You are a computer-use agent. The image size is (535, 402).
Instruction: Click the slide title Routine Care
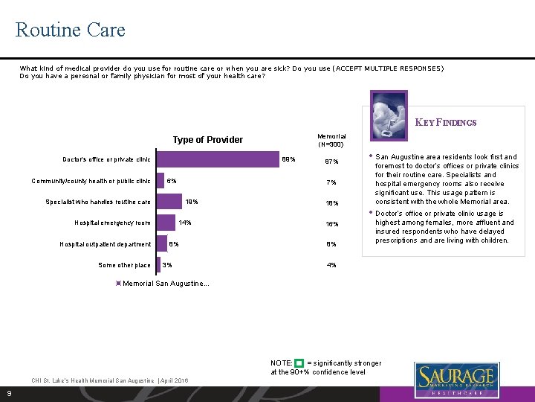tap(71, 30)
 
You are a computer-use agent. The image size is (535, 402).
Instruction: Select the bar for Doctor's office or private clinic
tap(216, 159)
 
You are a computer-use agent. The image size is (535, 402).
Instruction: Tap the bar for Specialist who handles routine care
tap(169, 202)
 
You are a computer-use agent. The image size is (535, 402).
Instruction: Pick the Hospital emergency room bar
tap(166, 223)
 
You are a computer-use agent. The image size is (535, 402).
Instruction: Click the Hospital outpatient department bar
tap(161, 243)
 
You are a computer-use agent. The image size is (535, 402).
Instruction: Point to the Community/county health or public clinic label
tap(91, 181)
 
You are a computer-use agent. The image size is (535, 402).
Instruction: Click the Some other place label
tap(124, 265)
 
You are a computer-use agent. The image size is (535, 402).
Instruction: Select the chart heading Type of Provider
tap(207, 140)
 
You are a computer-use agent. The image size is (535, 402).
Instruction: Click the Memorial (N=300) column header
tap(331, 140)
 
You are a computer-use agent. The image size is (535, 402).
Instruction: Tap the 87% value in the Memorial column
tap(331, 162)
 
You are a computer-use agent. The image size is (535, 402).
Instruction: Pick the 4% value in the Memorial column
tap(331, 265)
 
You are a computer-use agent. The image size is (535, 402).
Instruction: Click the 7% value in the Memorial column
tap(331, 182)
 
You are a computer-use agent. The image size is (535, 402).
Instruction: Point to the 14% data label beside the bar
tap(186, 223)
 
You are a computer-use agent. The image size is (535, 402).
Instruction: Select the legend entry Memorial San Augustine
tap(163, 284)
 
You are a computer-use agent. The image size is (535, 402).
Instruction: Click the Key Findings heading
tap(446, 123)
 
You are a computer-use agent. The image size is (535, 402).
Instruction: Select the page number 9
tap(8, 393)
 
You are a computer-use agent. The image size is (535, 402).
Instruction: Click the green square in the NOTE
tap(299, 363)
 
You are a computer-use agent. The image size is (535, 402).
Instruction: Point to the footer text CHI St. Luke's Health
tap(109, 380)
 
